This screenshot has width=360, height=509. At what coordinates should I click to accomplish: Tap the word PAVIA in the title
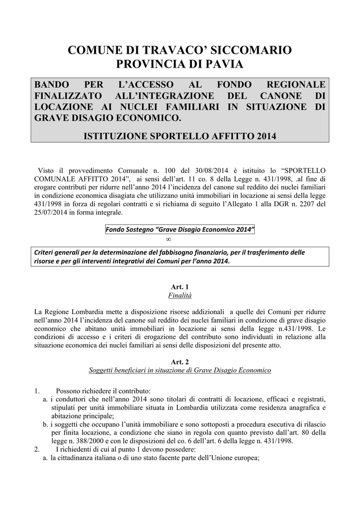point(226,65)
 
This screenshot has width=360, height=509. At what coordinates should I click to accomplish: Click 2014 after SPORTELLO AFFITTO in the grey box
point(267,135)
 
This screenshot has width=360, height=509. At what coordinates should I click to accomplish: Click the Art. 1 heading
point(180,287)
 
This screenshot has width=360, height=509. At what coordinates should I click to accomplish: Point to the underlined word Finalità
point(180,295)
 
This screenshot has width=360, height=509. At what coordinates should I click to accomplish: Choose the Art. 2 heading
point(180,362)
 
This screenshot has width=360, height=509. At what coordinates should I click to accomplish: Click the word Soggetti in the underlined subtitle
point(101,371)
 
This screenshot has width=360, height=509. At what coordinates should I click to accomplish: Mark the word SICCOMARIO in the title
point(252,50)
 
